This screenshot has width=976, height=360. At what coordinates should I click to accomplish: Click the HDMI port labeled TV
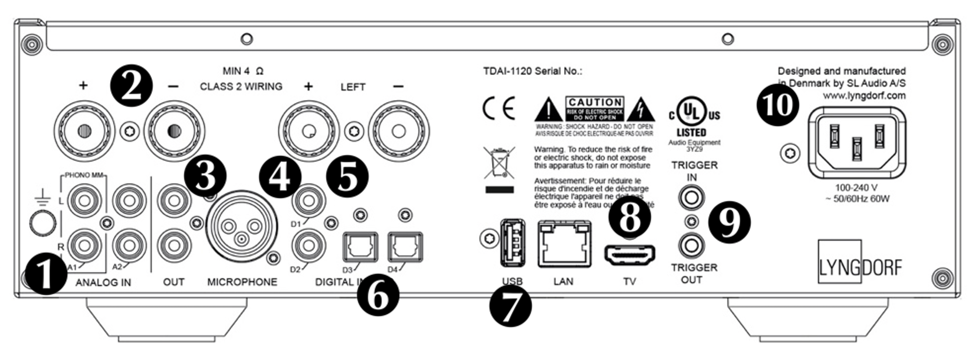click(629, 255)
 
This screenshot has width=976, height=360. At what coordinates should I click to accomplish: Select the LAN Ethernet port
click(564, 244)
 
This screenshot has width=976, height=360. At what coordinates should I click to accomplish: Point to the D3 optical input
click(360, 247)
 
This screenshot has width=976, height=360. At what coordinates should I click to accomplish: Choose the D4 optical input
click(405, 247)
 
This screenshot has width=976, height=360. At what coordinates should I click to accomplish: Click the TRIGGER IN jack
click(691, 198)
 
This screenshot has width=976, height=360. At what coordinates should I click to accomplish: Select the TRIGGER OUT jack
click(691, 246)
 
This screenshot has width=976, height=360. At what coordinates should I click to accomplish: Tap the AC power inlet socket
click(857, 142)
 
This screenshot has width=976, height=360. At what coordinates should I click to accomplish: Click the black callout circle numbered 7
click(510, 306)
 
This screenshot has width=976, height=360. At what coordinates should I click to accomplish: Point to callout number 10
click(777, 105)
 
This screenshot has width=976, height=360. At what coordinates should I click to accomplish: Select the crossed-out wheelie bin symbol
click(499, 163)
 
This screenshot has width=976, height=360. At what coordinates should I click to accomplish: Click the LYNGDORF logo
click(860, 267)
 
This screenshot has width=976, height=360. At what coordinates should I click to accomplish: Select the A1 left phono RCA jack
click(84, 201)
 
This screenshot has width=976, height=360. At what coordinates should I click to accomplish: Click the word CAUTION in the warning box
click(595, 102)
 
